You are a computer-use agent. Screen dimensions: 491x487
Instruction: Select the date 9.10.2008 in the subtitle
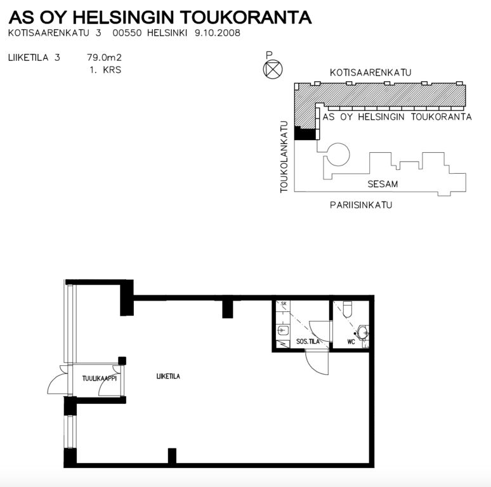pyautogui.click(x=218, y=33)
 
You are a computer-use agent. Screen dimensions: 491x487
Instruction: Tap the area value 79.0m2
pyautogui.click(x=104, y=58)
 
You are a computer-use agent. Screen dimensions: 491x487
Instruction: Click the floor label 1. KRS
pyautogui.click(x=105, y=70)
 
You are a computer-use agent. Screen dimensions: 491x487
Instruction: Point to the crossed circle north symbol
pyautogui.click(x=272, y=69)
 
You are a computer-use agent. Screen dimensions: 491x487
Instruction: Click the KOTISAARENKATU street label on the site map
pyautogui.click(x=370, y=73)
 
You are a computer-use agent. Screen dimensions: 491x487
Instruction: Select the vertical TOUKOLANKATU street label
pyautogui.click(x=284, y=157)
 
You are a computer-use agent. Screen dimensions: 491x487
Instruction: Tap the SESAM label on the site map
pyautogui.click(x=383, y=184)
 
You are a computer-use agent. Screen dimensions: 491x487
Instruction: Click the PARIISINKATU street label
pyautogui.click(x=361, y=205)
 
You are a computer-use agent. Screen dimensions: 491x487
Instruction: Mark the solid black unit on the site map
pyautogui.click(x=305, y=134)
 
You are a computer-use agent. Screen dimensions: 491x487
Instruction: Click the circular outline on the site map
pyautogui.click(x=338, y=154)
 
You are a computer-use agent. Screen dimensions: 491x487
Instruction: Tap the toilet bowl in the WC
pyautogui.click(x=348, y=309)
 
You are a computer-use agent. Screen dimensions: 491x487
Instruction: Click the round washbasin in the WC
pyautogui.click(x=363, y=332)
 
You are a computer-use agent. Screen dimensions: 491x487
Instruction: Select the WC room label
pyautogui.click(x=351, y=342)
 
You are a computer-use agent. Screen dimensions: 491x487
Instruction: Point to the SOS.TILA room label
pyautogui.click(x=308, y=341)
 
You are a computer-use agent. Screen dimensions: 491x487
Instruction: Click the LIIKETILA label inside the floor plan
pyautogui.click(x=168, y=376)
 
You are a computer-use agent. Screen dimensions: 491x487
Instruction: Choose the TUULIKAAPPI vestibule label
pyautogui.click(x=99, y=379)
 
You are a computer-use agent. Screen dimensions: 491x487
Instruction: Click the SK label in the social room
pyautogui.click(x=284, y=304)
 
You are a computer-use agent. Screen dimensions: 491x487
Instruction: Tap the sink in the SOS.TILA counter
pyautogui.click(x=283, y=330)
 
